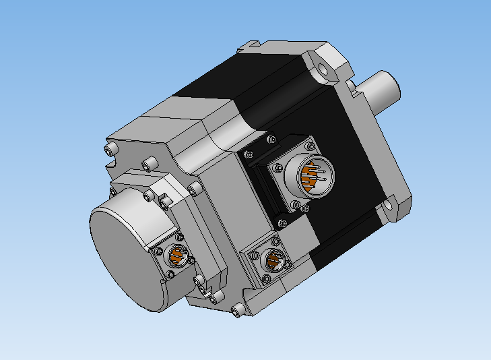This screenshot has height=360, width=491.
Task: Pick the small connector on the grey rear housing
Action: pyautogui.click(x=273, y=260)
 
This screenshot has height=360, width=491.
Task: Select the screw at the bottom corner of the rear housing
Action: pyautogui.click(x=236, y=311)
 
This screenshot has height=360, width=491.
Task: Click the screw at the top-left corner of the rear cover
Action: pyautogui.click(x=110, y=148)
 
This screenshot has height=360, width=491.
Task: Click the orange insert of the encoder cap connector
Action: pyautogui.click(x=178, y=256)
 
